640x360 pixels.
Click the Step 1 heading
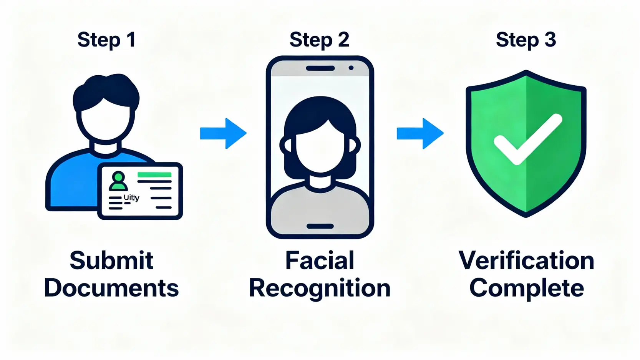click(x=106, y=40)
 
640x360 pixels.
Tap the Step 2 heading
click(x=319, y=40)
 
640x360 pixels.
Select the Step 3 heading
click(x=526, y=40)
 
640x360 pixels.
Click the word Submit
click(x=111, y=260)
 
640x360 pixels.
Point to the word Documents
click(x=111, y=288)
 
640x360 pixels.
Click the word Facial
click(x=320, y=260)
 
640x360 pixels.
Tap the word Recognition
click(x=320, y=288)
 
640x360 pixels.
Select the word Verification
click(x=526, y=260)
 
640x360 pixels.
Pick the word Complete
click(x=526, y=288)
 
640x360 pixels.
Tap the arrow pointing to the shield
click(x=420, y=133)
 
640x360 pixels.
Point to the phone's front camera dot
click(x=351, y=68)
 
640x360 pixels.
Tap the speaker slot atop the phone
click(x=320, y=68)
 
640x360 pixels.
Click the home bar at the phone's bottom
click(x=320, y=226)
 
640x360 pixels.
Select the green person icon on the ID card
click(x=118, y=181)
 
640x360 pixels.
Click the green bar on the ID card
click(x=154, y=175)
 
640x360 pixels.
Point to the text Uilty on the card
click(x=131, y=197)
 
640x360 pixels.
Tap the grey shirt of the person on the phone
click(x=320, y=207)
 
